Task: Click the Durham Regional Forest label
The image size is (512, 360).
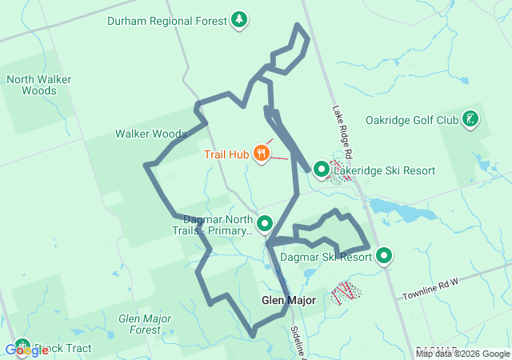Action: (166, 20)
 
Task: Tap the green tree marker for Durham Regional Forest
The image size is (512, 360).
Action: (238, 19)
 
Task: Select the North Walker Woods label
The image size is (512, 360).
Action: (32, 85)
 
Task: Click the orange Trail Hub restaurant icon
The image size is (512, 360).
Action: (261, 154)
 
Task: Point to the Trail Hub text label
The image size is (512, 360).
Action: (226, 154)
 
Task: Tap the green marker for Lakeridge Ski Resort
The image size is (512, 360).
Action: (321, 170)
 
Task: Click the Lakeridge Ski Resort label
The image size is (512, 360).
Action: (384, 170)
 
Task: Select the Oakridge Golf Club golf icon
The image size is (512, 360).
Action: (470, 120)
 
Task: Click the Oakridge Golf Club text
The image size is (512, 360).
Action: (411, 121)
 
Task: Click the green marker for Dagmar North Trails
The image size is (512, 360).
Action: (265, 224)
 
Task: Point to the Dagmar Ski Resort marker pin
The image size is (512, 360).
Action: (384, 256)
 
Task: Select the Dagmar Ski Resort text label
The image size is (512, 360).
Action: (326, 258)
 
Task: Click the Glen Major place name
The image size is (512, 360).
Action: (288, 301)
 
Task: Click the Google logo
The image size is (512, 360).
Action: (26, 350)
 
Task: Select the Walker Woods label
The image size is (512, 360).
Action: (150, 134)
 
